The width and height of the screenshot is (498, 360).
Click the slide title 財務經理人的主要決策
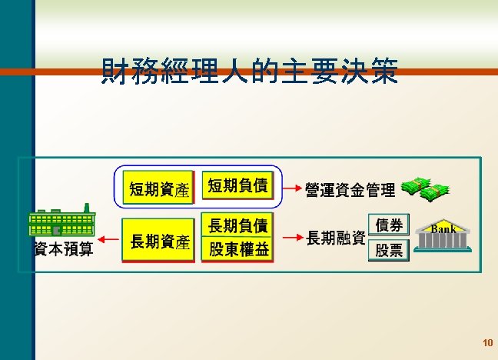[x=250, y=72]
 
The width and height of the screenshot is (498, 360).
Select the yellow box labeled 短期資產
[x=158, y=188]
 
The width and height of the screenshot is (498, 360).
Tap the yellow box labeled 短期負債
[x=238, y=185]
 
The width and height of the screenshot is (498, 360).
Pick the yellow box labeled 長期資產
[x=158, y=242]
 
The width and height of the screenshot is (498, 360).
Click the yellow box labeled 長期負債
[x=238, y=225]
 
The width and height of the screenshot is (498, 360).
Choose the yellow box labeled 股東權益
[x=238, y=249]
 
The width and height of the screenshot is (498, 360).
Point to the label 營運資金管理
[x=350, y=189]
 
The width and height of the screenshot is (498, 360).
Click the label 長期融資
[x=335, y=238]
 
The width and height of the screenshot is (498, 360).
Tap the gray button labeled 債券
[x=389, y=225]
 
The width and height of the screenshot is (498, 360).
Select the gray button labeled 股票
[x=389, y=250]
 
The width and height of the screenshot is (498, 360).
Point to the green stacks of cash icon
[x=427, y=187]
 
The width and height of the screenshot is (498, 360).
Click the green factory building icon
[x=61, y=223]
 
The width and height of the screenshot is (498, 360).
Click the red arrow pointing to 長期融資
[x=289, y=237]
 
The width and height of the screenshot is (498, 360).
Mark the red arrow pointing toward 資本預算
[x=107, y=239]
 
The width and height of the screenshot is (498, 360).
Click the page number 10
[x=486, y=342]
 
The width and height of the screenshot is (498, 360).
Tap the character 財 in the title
[x=115, y=72]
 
